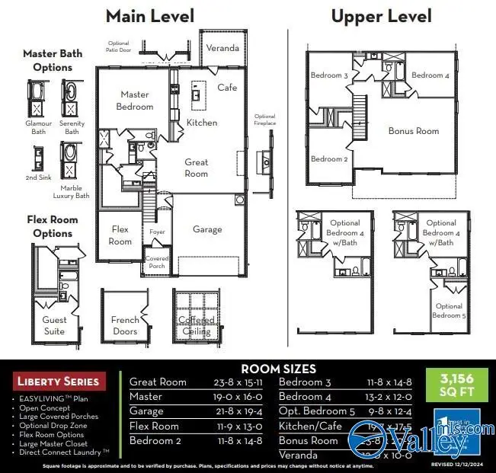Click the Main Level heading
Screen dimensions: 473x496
(149, 16)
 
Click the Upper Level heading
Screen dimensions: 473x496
(381, 16)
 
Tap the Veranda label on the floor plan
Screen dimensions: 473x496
(222, 48)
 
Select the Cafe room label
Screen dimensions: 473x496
(227, 88)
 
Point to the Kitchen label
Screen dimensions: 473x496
(202, 123)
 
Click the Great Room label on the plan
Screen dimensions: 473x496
(196, 168)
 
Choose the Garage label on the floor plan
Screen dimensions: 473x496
(207, 229)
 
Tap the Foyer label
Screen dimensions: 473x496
(157, 232)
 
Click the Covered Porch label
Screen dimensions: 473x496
(157, 263)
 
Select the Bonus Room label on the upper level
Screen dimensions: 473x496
(414, 131)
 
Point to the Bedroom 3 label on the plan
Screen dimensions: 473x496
(329, 76)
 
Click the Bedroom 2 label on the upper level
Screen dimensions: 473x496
(329, 159)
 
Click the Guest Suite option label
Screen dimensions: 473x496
(54, 325)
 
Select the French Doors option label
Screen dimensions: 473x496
(125, 325)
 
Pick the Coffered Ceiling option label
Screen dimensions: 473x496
(196, 326)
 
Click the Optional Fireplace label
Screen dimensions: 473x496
(264, 120)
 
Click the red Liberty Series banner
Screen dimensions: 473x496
(57, 381)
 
